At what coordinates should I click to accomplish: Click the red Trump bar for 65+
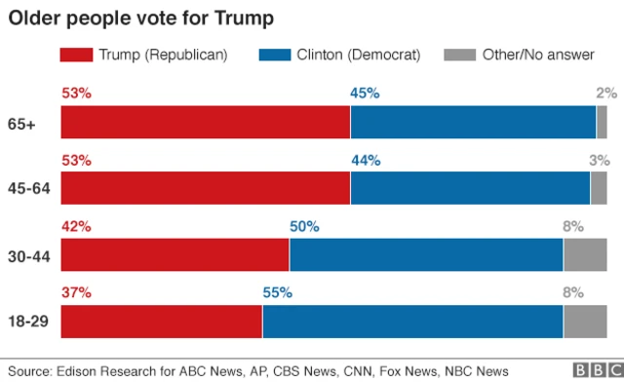pos(205,123)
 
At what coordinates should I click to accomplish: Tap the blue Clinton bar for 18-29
pos(412,322)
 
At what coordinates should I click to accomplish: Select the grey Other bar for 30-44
pos(585,255)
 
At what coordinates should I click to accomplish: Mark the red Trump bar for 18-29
pos(161,322)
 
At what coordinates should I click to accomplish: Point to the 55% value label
pos(277,292)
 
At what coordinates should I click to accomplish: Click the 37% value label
pos(76,292)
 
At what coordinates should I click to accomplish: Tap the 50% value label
pos(304,226)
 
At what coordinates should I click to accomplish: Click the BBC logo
pos(592,371)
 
